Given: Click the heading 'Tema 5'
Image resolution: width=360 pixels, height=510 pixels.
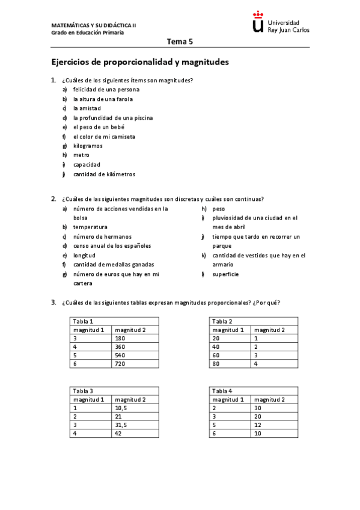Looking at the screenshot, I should pos(180,42).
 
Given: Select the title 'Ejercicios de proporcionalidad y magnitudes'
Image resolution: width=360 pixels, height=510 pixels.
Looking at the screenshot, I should pos(140,62).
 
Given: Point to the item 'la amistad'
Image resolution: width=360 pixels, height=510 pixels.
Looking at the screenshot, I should pos(87,108).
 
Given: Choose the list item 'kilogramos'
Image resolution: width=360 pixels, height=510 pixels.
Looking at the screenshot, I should pos(88,146).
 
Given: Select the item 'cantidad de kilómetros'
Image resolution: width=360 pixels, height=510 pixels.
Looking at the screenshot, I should pos(104,174).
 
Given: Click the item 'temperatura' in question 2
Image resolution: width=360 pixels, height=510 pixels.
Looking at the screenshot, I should pos(90,227).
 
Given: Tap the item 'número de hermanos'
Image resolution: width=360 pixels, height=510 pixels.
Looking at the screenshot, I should pos(102,236).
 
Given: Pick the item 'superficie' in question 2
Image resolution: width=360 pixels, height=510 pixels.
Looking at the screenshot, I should pos(225,274).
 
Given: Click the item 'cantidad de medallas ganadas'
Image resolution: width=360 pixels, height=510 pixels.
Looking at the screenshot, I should pos(114,265).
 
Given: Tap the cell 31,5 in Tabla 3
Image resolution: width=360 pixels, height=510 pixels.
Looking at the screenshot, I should pos(123,424).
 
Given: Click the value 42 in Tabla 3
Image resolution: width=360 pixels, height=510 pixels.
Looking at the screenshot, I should pos(118,433).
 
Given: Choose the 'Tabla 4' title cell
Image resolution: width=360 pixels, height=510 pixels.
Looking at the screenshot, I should pos(222,390).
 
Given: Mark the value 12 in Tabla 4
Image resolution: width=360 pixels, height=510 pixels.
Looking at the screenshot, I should pos(258,424).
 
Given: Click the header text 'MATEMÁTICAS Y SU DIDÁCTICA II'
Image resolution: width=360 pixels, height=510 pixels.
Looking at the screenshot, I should pos(94,26).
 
